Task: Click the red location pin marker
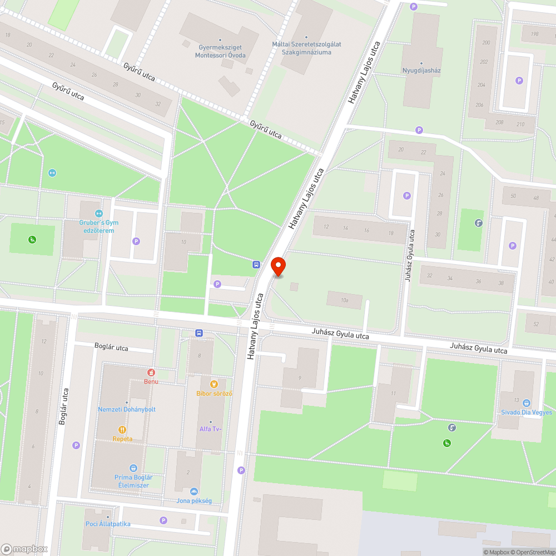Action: point(278,266)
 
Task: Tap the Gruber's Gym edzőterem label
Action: point(99,226)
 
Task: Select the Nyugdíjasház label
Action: point(421,71)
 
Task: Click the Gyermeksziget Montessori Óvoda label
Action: point(220,52)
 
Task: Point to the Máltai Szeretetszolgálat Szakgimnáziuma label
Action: point(306,48)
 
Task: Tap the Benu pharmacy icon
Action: point(151,372)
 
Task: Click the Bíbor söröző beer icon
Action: point(214,384)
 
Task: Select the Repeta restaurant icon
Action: point(122,429)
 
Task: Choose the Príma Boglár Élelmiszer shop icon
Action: point(133,468)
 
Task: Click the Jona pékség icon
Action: point(194,491)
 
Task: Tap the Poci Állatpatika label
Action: point(108,524)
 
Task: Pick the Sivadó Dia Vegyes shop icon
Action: point(526,403)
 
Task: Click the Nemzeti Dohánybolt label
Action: point(127,409)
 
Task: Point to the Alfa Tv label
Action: point(210,429)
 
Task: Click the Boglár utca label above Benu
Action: point(111,349)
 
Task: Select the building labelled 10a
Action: point(345,300)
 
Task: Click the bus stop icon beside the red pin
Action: point(256,265)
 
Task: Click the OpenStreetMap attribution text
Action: point(532,552)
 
